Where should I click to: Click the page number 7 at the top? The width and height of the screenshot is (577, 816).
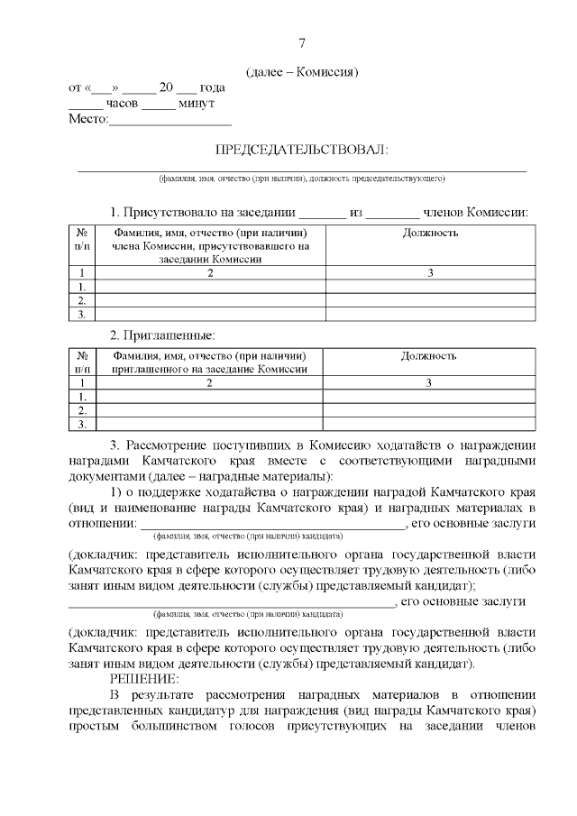(x=302, y=42)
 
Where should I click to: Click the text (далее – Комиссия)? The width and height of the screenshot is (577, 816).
(x=302, y=72)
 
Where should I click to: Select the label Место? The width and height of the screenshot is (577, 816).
(x=88, y=119)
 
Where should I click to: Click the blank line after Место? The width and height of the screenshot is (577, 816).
(x=170, y=122)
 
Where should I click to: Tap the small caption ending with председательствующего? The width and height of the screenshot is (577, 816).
(x=302, y=179)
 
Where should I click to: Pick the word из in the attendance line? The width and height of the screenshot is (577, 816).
(x=356, y=212)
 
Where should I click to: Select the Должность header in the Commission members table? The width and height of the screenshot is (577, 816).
(x=429, y=234)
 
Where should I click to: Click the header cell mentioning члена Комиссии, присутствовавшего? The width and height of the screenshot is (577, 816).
(x=210, y=245)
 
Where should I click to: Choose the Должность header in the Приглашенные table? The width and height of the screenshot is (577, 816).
(x=429, y=356)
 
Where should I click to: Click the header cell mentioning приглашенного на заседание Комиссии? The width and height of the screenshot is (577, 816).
(x=210, y=362)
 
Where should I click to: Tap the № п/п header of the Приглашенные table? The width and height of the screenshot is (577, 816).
(x=82, y=362)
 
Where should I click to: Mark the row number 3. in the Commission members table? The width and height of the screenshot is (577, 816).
(x=82, y=315)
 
